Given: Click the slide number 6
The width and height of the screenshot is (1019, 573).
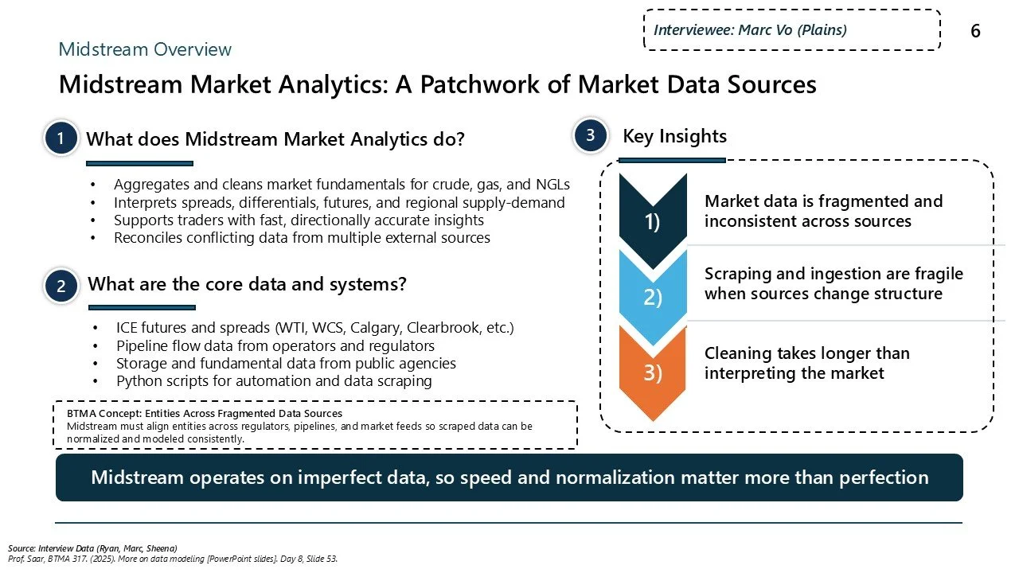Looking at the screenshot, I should tap(975, 31).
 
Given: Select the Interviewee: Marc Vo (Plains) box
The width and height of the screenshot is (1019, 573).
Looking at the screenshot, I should tap(791, 30).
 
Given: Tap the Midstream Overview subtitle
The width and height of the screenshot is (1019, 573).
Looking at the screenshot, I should tap(145, 49).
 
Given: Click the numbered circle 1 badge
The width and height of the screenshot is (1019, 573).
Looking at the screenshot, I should tap(61, 139).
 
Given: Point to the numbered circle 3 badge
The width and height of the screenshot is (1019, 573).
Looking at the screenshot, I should tap(591, 136).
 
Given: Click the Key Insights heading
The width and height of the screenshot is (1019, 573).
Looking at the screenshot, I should tap(674, 136).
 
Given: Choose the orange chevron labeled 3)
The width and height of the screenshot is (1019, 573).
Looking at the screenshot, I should tap(653, 372).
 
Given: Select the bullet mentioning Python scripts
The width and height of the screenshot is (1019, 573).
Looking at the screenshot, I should tap(274, 380).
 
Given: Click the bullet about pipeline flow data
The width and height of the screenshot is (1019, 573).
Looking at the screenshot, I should tap(275, 345).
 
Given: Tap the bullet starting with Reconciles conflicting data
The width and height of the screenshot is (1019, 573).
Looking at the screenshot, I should tap(302, 237).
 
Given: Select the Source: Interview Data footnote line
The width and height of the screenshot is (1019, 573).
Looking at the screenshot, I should tap(92, 548).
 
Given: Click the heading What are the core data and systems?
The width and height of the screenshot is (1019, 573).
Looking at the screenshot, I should tap(247, 284).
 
